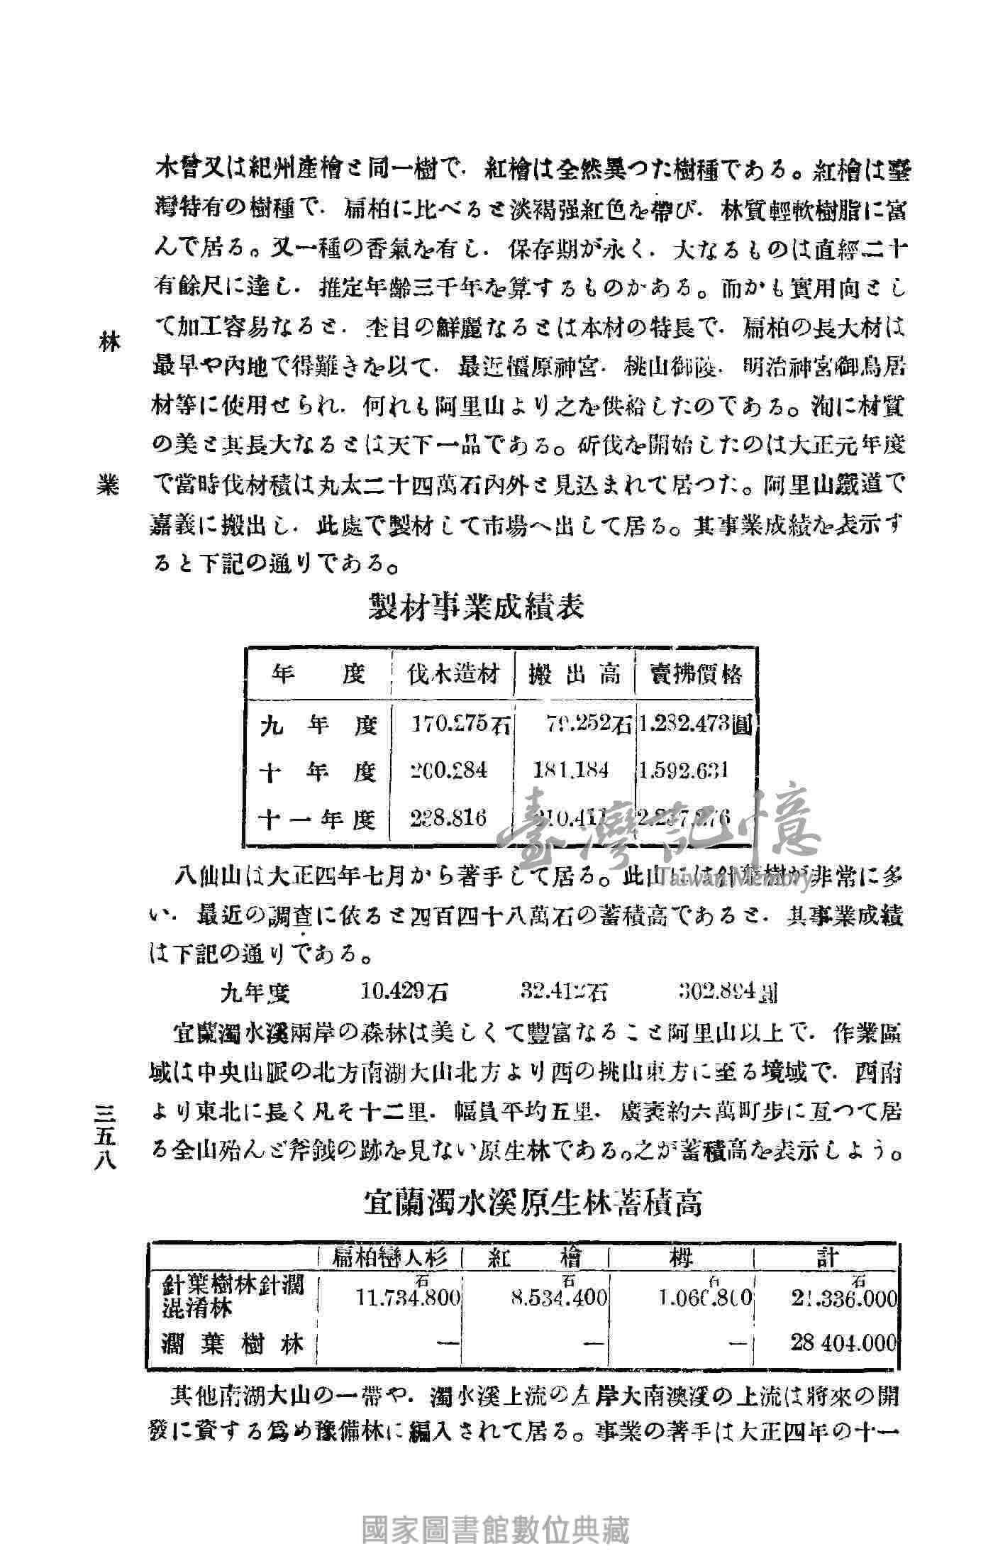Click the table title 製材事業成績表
coord(477,608)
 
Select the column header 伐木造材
coord(452,673)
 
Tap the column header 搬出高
coord(574,673)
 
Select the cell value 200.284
coord(449,771)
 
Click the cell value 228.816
coord(449,818)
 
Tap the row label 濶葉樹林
coord(233,1343)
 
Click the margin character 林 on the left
coord(111,343)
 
